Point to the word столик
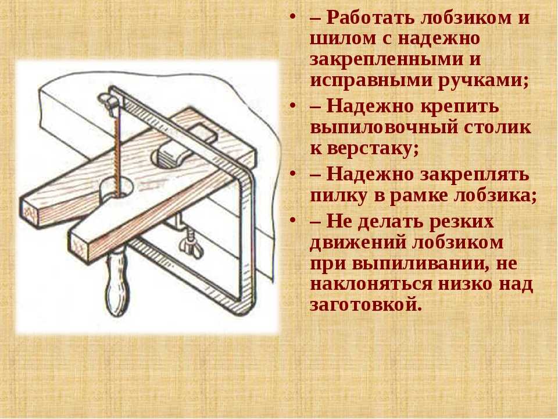click(x=497, y=127)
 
